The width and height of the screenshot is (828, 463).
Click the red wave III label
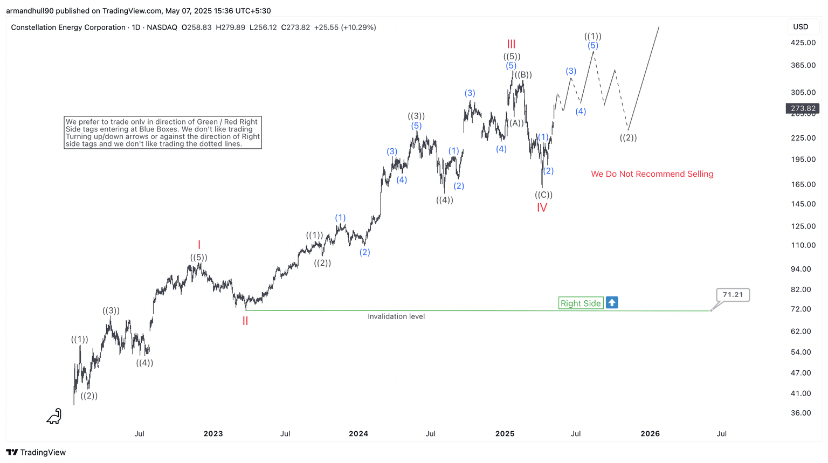[x=511, y=44]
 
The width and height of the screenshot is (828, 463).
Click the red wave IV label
[x=542, y=208]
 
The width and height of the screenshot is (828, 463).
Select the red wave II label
[x=245, y=321]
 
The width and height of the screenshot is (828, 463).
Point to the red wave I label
[x=199, y=245]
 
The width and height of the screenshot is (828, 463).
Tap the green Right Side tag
[x=581, y=303]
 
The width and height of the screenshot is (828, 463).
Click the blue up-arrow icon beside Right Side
[x=612, y=303]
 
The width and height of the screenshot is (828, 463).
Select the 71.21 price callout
[x=733, y=295]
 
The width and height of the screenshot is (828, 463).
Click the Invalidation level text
[x=396, y=317]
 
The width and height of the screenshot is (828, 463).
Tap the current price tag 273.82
[x=803, y=108]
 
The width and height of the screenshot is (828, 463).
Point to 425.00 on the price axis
[x=803, y=43]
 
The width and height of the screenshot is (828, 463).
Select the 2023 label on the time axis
[x=213, y=434]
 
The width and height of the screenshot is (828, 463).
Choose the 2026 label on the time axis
[x=650, y=434]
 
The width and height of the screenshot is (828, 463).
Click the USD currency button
[x=801, y=27]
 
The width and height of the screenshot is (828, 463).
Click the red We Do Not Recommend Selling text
[x=652, y=174]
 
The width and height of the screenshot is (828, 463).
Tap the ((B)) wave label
[x=523, y=75]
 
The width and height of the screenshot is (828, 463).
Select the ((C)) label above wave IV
[x=543, y=195]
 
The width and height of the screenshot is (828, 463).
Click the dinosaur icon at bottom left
[x=54, y=417]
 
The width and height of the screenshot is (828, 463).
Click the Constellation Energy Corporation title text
[x=68, y=27]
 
